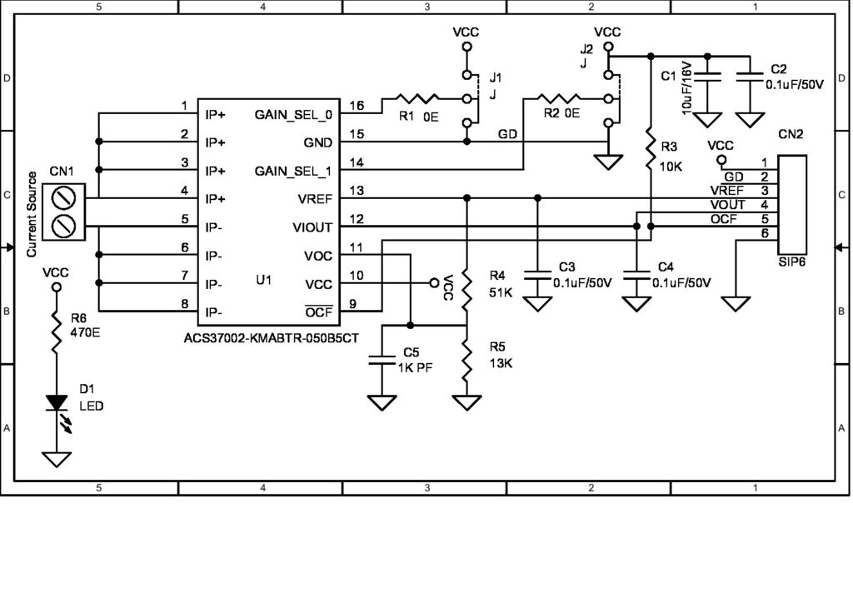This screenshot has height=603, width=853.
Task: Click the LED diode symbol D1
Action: click(x=57, y=403)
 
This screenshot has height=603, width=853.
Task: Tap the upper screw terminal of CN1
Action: click(x=66, y=199)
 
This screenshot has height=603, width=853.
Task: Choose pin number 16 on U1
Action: click(x=356, y=106)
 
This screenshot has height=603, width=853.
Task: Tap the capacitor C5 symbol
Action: click(x=382, y=359)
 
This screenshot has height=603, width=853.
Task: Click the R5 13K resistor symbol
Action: click(x=466, y=359)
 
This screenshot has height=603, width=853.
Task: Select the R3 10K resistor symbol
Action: click(x=649, y=155)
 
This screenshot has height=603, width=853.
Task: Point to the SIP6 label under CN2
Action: click(x=791, y=262)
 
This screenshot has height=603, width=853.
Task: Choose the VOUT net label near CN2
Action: click(x=728, y=205)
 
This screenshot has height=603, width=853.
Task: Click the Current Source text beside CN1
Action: click(x=31, y=214)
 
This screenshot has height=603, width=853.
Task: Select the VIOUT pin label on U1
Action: click(x=312, y=227)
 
